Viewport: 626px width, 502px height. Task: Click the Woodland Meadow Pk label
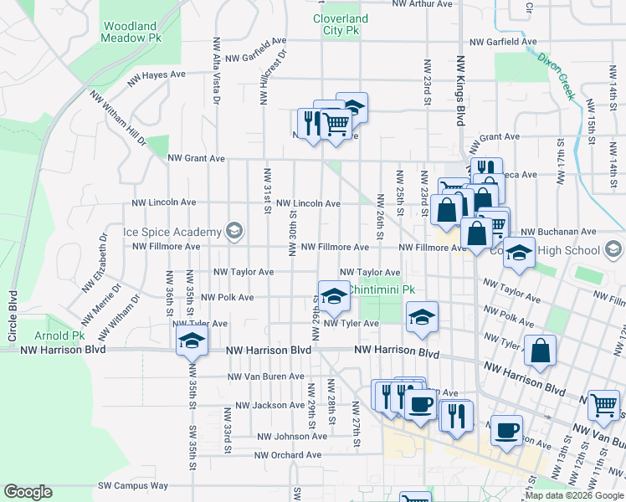131,31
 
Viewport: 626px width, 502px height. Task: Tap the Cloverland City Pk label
340,23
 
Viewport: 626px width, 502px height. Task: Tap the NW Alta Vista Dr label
217,69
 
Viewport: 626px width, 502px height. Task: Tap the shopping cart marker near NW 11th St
603,406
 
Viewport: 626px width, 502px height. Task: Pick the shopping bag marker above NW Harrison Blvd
541,351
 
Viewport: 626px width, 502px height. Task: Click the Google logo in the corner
28,492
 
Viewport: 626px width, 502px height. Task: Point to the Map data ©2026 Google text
573,495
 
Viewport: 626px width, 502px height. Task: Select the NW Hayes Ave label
156,74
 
